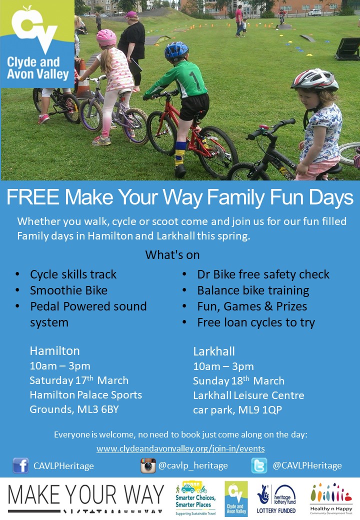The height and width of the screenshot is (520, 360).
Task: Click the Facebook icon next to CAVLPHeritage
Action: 20,465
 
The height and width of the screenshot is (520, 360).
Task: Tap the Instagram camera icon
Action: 148,465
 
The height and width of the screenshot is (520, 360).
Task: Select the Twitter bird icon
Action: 259,465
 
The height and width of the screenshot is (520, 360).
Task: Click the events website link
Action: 180,448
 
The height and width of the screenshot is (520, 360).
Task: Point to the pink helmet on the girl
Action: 106,37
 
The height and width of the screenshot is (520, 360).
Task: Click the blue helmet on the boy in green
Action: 176,50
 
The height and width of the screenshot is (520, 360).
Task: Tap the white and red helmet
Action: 314,79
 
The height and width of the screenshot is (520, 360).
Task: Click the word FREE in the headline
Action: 33,197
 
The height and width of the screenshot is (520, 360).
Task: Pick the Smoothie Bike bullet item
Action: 68,290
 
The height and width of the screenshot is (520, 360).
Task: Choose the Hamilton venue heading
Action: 54,351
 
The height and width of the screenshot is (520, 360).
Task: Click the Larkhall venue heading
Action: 214,351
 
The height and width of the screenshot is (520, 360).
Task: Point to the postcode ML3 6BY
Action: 98,409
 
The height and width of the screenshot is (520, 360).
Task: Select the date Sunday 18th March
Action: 238,380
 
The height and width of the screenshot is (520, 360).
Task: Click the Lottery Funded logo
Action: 276,498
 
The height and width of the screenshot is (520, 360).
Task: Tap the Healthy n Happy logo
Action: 331,498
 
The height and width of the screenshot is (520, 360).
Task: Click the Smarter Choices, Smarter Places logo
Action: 195,498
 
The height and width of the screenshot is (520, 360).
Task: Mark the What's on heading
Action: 172,254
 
